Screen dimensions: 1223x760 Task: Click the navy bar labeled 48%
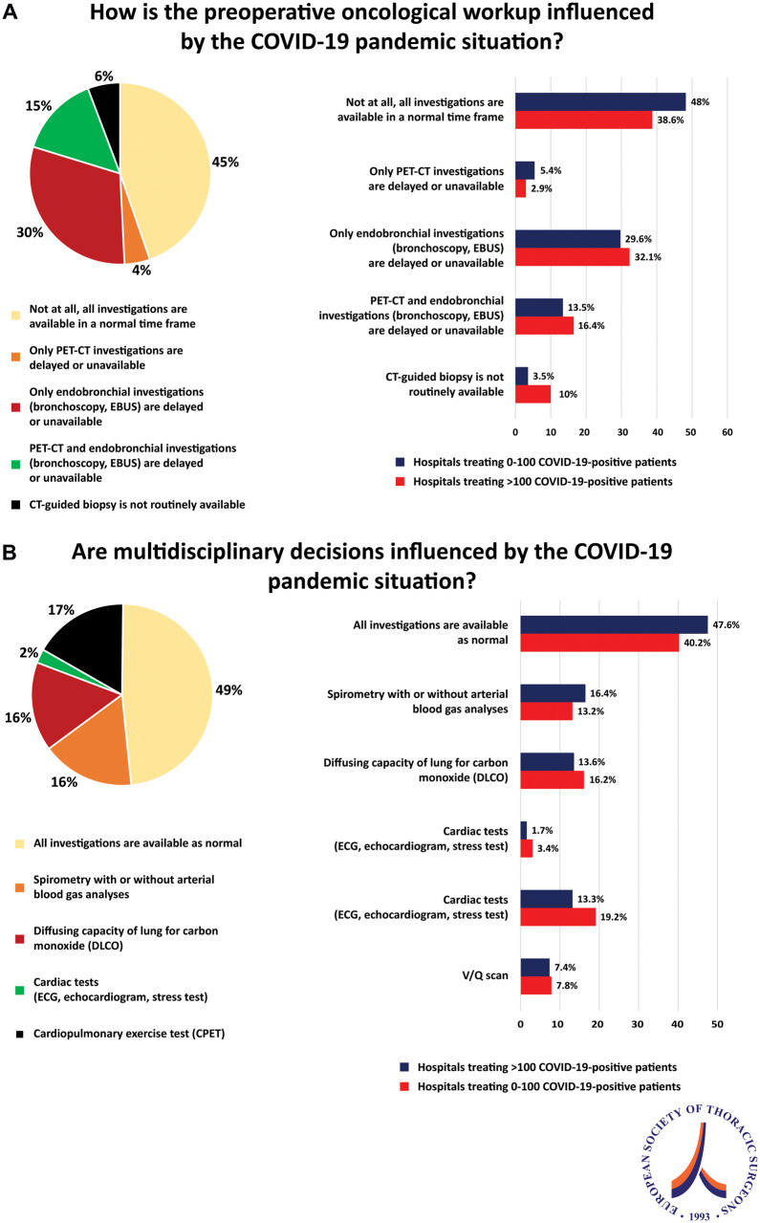point(599,101)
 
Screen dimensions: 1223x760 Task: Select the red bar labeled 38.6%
point(583,120)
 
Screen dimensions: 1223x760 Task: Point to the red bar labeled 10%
point(532,394)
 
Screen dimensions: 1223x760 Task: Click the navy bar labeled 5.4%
point(525,169)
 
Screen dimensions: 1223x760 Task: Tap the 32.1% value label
point(648,257)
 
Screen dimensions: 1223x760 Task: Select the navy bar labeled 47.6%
point(613,623)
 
